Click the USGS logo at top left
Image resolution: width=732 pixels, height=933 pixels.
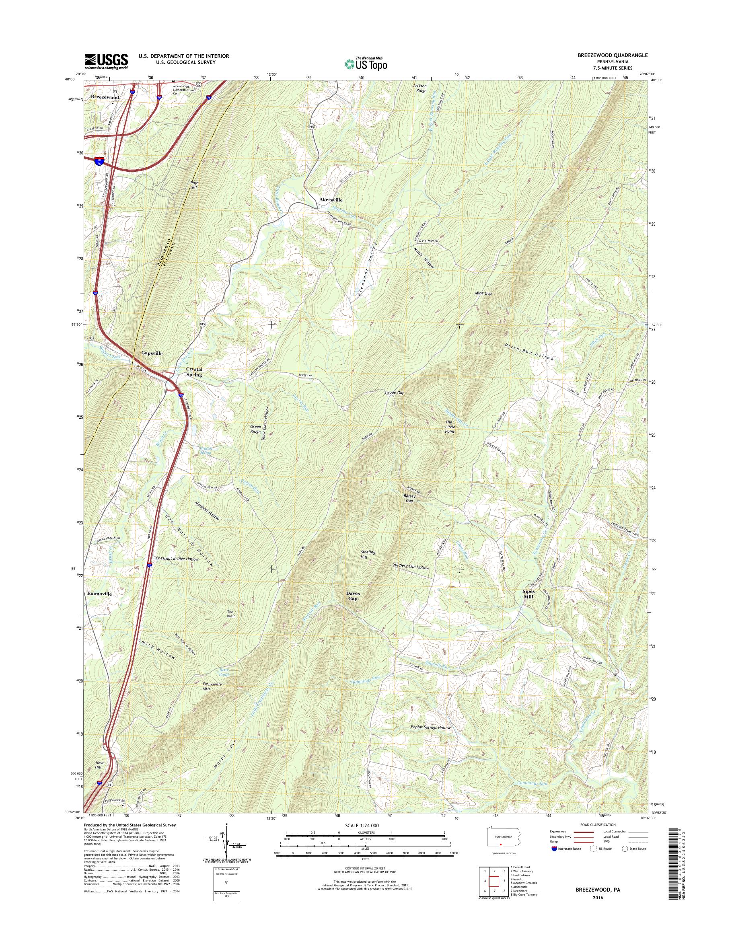click(106, 61)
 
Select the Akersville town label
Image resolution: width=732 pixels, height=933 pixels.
click(330, 200)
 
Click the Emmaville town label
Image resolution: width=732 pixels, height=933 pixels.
click(99, 594)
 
